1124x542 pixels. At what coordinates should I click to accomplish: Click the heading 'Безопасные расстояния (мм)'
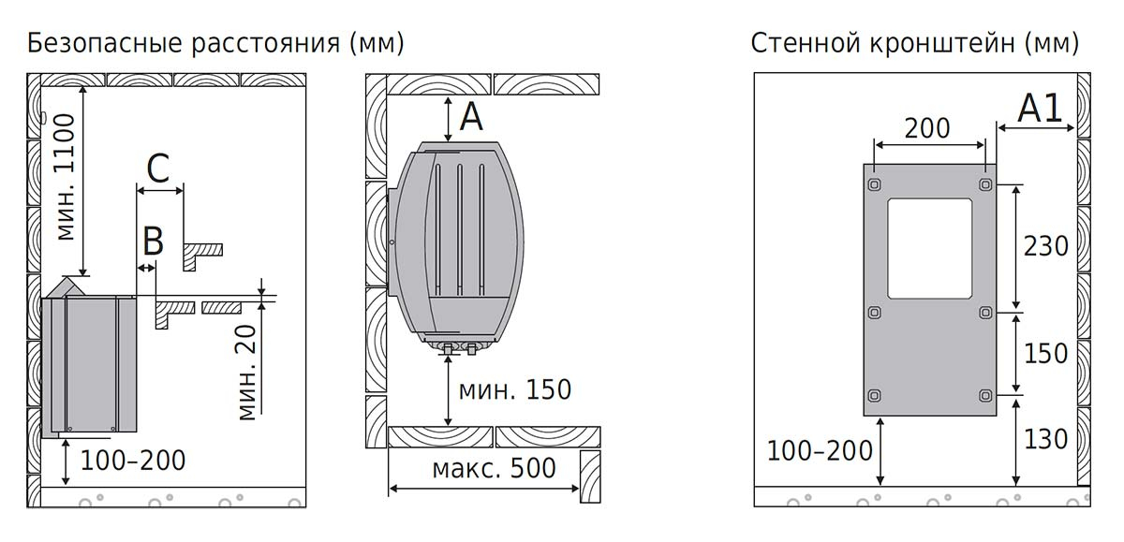tap(215, 44)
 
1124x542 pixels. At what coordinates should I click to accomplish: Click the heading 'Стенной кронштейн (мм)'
tap(915, 44)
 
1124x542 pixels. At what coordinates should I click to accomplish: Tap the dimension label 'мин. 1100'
tap(66, 177)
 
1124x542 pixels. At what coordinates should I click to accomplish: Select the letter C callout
tap(158, 168)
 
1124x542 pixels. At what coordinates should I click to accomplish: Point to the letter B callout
tap(153, 242)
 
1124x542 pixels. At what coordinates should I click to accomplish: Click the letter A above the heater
tap(471, 117)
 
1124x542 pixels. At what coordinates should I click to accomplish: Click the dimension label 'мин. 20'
tap(246, 373)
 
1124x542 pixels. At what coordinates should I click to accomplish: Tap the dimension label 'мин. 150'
tap(515, 389)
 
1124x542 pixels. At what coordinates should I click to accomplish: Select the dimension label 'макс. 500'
tap(495, 468)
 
